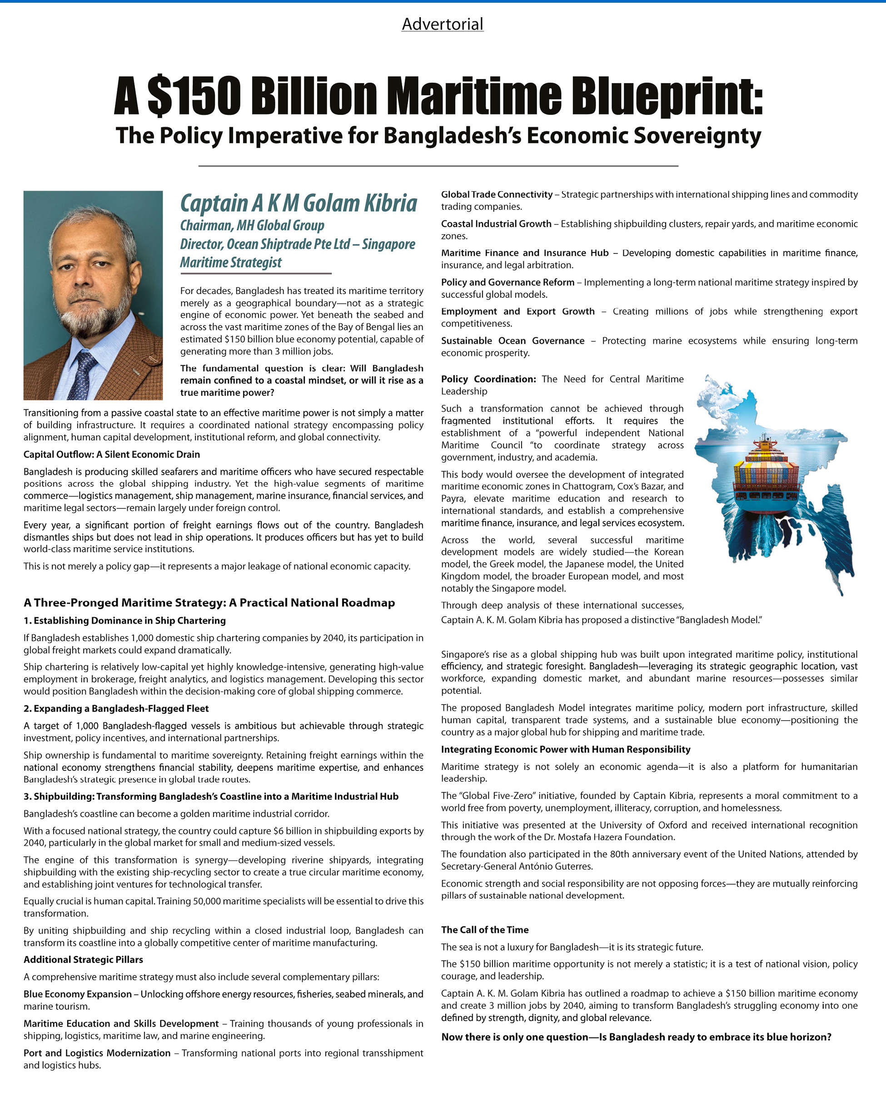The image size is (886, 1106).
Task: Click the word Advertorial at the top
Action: point(442,24)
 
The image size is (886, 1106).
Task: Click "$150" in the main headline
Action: point(194,96)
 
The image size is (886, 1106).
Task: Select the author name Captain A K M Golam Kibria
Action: point(299,203)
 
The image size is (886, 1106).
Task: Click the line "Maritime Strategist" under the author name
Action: point(230,263)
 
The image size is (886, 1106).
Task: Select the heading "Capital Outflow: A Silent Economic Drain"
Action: point(112,455)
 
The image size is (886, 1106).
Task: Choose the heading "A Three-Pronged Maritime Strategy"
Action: point(209,603)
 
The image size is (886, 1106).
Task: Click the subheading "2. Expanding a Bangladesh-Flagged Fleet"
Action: point(116,709)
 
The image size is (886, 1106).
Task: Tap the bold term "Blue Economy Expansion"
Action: point(77,994)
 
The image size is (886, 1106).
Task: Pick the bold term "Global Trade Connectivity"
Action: point(497,194)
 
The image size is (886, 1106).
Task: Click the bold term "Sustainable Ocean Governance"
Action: point(513,341)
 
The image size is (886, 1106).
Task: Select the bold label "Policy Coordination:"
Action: point(488,379)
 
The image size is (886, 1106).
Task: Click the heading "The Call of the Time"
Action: point(485,929)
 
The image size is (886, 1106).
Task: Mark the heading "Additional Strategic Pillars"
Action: point(83,960)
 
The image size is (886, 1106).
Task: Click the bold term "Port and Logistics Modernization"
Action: point(97,1053)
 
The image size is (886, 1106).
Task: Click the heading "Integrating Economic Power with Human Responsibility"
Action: point(565,749)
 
